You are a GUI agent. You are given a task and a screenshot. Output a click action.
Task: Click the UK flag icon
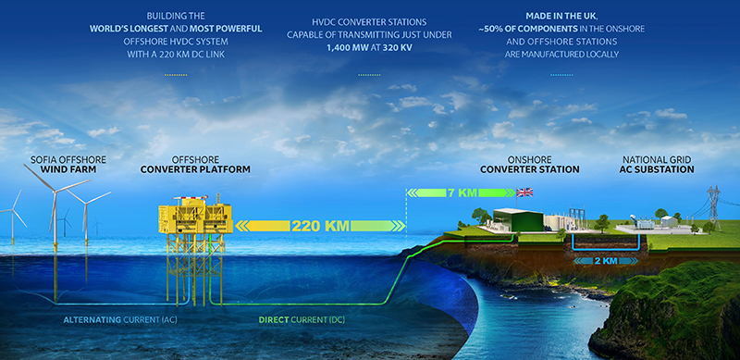(x=525, y=192)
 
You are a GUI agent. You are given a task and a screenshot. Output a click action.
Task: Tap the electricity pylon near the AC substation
(x=713, y=208)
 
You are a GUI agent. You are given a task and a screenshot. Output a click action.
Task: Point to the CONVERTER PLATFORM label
(x=196, y=169)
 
